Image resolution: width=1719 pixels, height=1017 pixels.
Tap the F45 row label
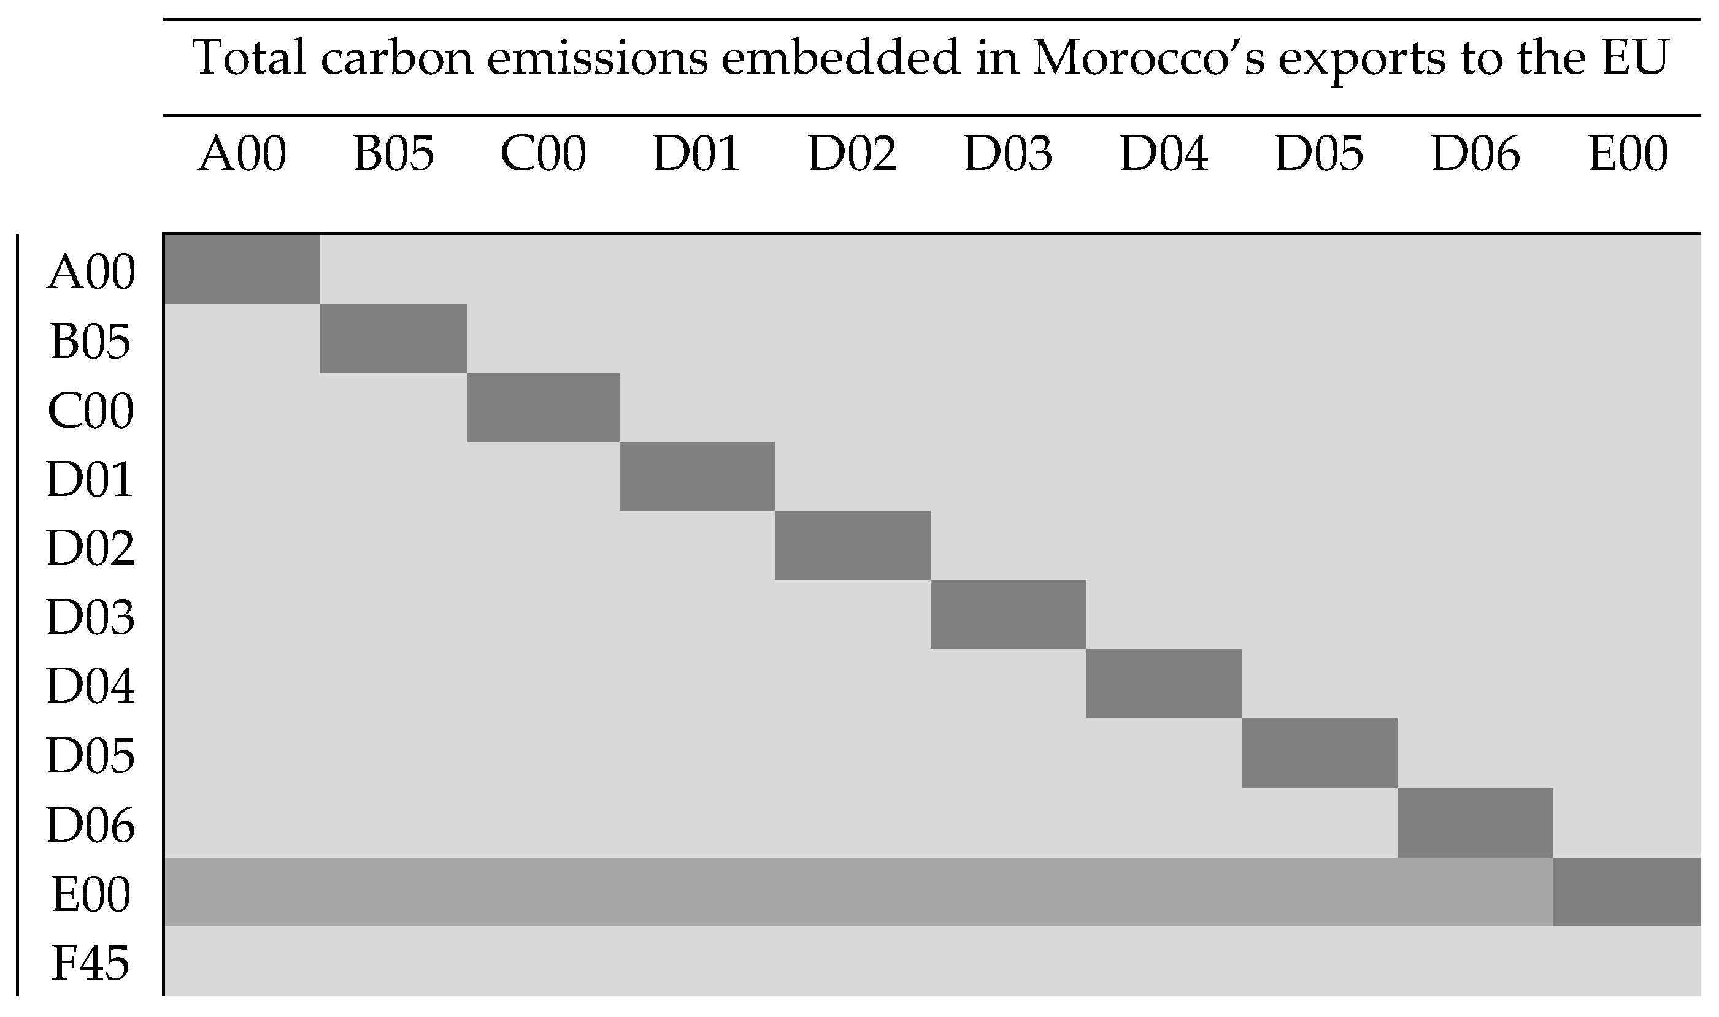pos(91,963)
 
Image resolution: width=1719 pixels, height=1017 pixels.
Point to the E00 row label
pos(91,894)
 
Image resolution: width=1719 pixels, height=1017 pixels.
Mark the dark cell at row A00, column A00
pos(241,269)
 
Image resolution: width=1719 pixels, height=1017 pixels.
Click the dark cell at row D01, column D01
pos(697,476)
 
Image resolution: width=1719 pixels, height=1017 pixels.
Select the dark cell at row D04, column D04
pos(1164,684)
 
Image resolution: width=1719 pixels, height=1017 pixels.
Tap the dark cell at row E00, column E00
pos(1626,891)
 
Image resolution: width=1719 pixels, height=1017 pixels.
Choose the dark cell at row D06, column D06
pos(1475,823)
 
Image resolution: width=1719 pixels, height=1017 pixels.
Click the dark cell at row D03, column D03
pos(1008,614)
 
